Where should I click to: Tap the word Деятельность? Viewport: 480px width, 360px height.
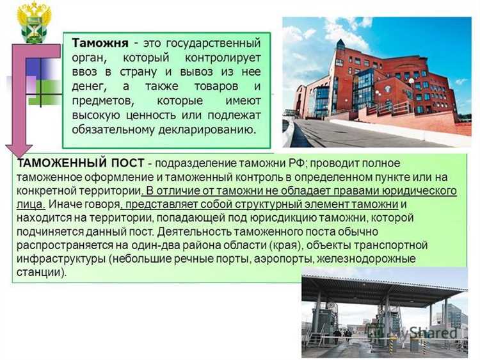click(x=191, y=231)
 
